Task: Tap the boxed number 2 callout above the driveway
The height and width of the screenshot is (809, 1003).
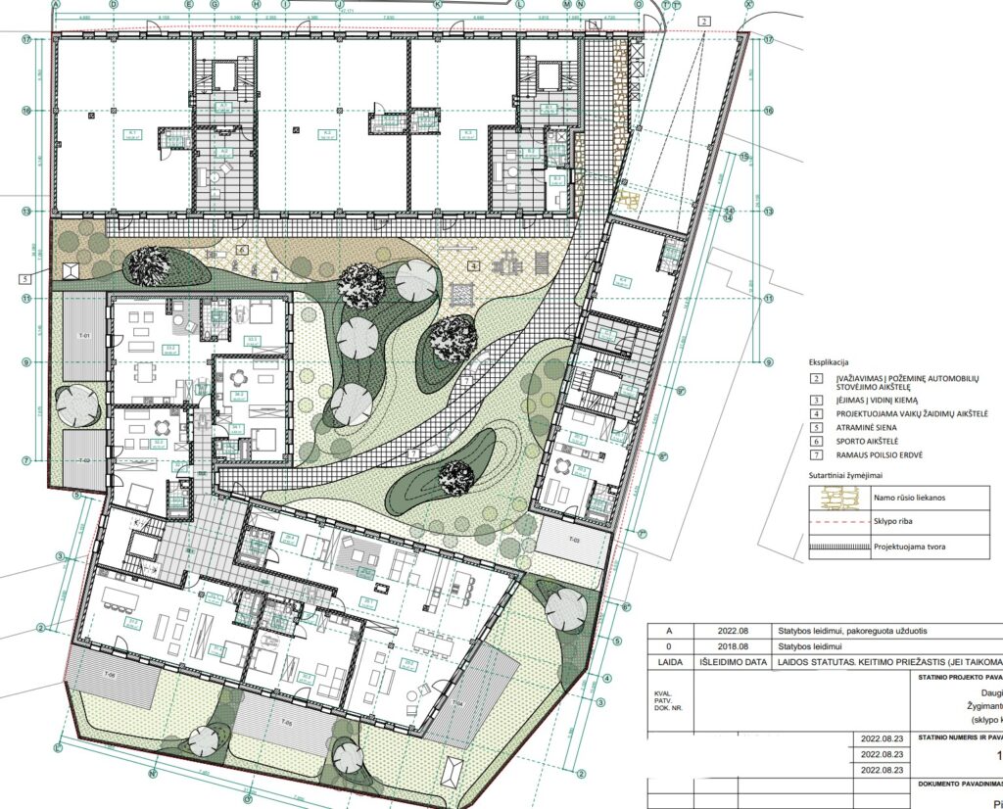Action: [x=705, y=21]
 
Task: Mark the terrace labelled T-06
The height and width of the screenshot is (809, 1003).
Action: [x=111, y=677]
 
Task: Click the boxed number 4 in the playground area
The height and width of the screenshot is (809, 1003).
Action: [x=474, y=264]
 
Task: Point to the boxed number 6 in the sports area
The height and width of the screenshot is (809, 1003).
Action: [x=241, y=250]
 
